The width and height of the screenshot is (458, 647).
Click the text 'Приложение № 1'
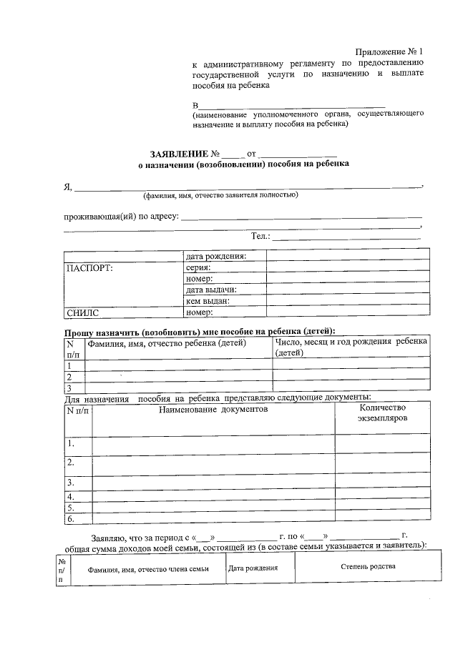click(390, 51)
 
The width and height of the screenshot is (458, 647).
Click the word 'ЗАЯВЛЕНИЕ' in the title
click(179, 154)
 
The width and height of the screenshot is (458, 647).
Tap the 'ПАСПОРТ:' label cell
click(89, 268)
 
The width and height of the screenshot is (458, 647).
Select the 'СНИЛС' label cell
click(82, 312)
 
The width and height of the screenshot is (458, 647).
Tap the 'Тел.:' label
click(260, 236)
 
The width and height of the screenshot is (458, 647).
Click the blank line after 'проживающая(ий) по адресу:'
click(301, 217)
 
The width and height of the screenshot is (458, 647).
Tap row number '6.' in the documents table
click(71, 518)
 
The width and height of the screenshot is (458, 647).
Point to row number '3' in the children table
click(69, 387)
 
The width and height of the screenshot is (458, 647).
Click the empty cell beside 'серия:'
click(348, 267)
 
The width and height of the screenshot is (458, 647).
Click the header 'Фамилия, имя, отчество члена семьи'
click(148, 569)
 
